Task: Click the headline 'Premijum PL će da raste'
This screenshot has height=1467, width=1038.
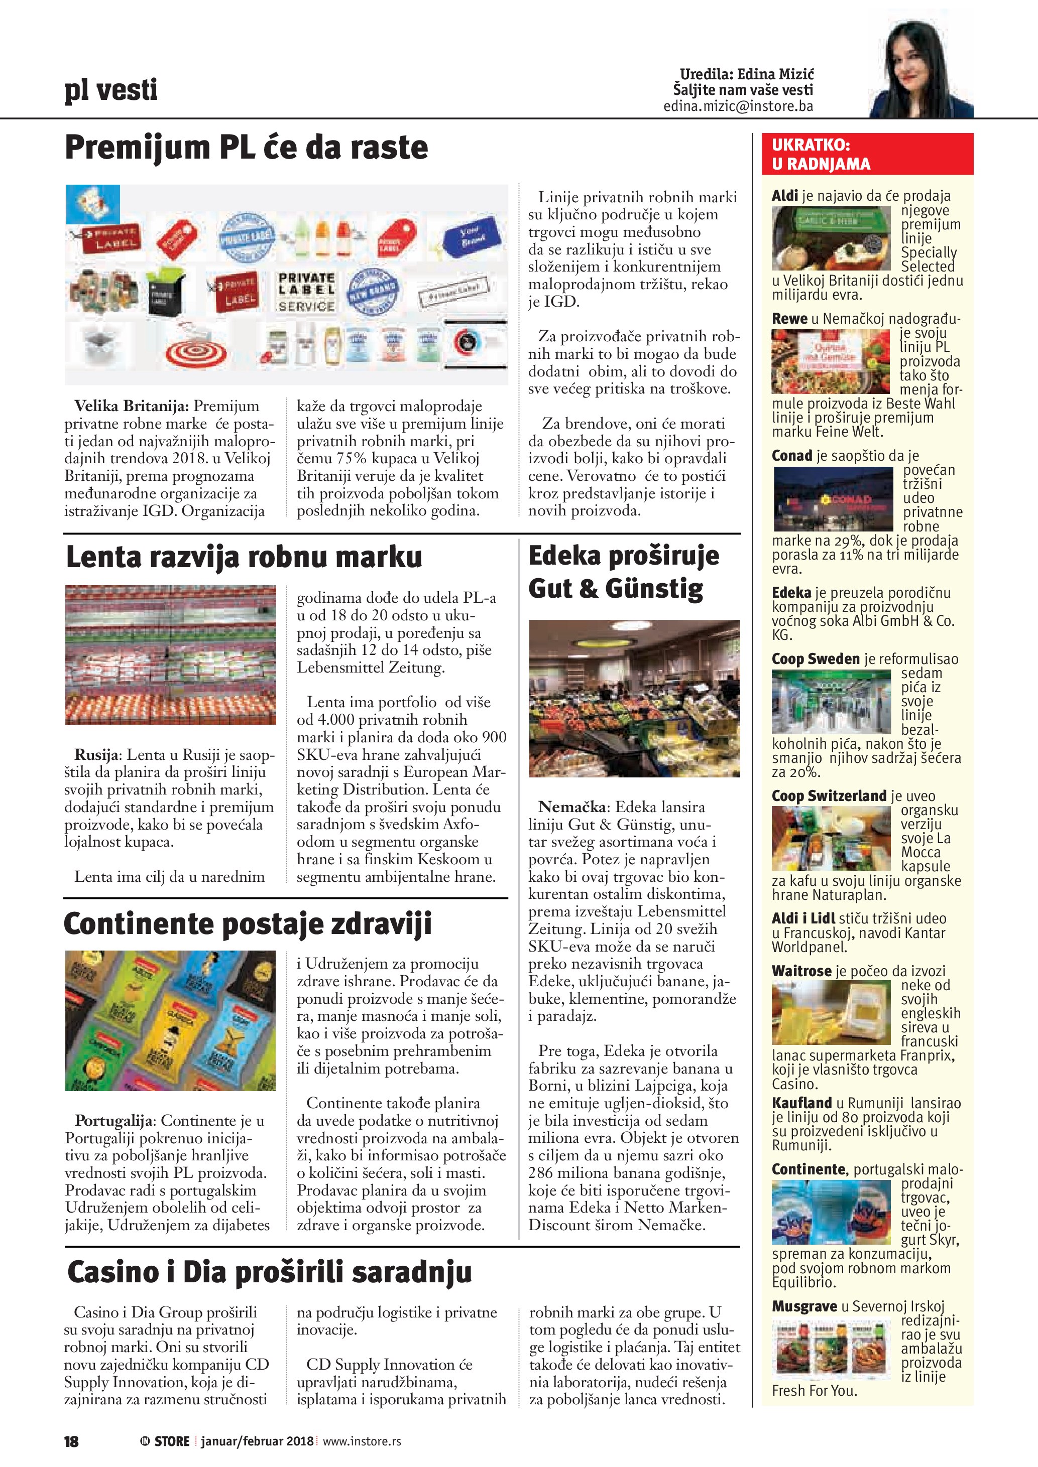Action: click(246, 148)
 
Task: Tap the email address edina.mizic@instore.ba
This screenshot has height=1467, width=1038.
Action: click(738, 106)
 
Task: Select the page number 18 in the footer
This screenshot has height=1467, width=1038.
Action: click(71, 1441)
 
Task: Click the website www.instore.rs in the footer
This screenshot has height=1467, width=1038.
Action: click(362, 1441)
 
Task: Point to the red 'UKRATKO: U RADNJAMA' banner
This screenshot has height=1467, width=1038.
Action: click(867, 154)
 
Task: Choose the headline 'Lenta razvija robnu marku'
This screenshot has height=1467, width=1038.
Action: click(244, 557)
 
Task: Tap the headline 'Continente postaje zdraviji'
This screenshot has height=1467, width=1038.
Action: click(248, 924)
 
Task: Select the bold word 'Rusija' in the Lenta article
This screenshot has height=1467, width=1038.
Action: click(96, 755)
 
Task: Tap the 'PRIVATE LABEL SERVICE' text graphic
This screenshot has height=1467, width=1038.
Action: click(306, 292)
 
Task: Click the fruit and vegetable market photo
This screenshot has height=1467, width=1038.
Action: click(634, 698)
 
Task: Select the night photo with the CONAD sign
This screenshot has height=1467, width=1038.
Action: click(833, 499)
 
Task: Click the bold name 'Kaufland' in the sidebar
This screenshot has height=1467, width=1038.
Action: click(801, 1103)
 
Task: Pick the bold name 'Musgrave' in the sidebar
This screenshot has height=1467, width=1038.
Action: click(803, 1306)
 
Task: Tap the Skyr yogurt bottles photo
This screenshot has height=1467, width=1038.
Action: click(831, 1213)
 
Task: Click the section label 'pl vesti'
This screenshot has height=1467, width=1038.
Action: click(110, 89)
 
